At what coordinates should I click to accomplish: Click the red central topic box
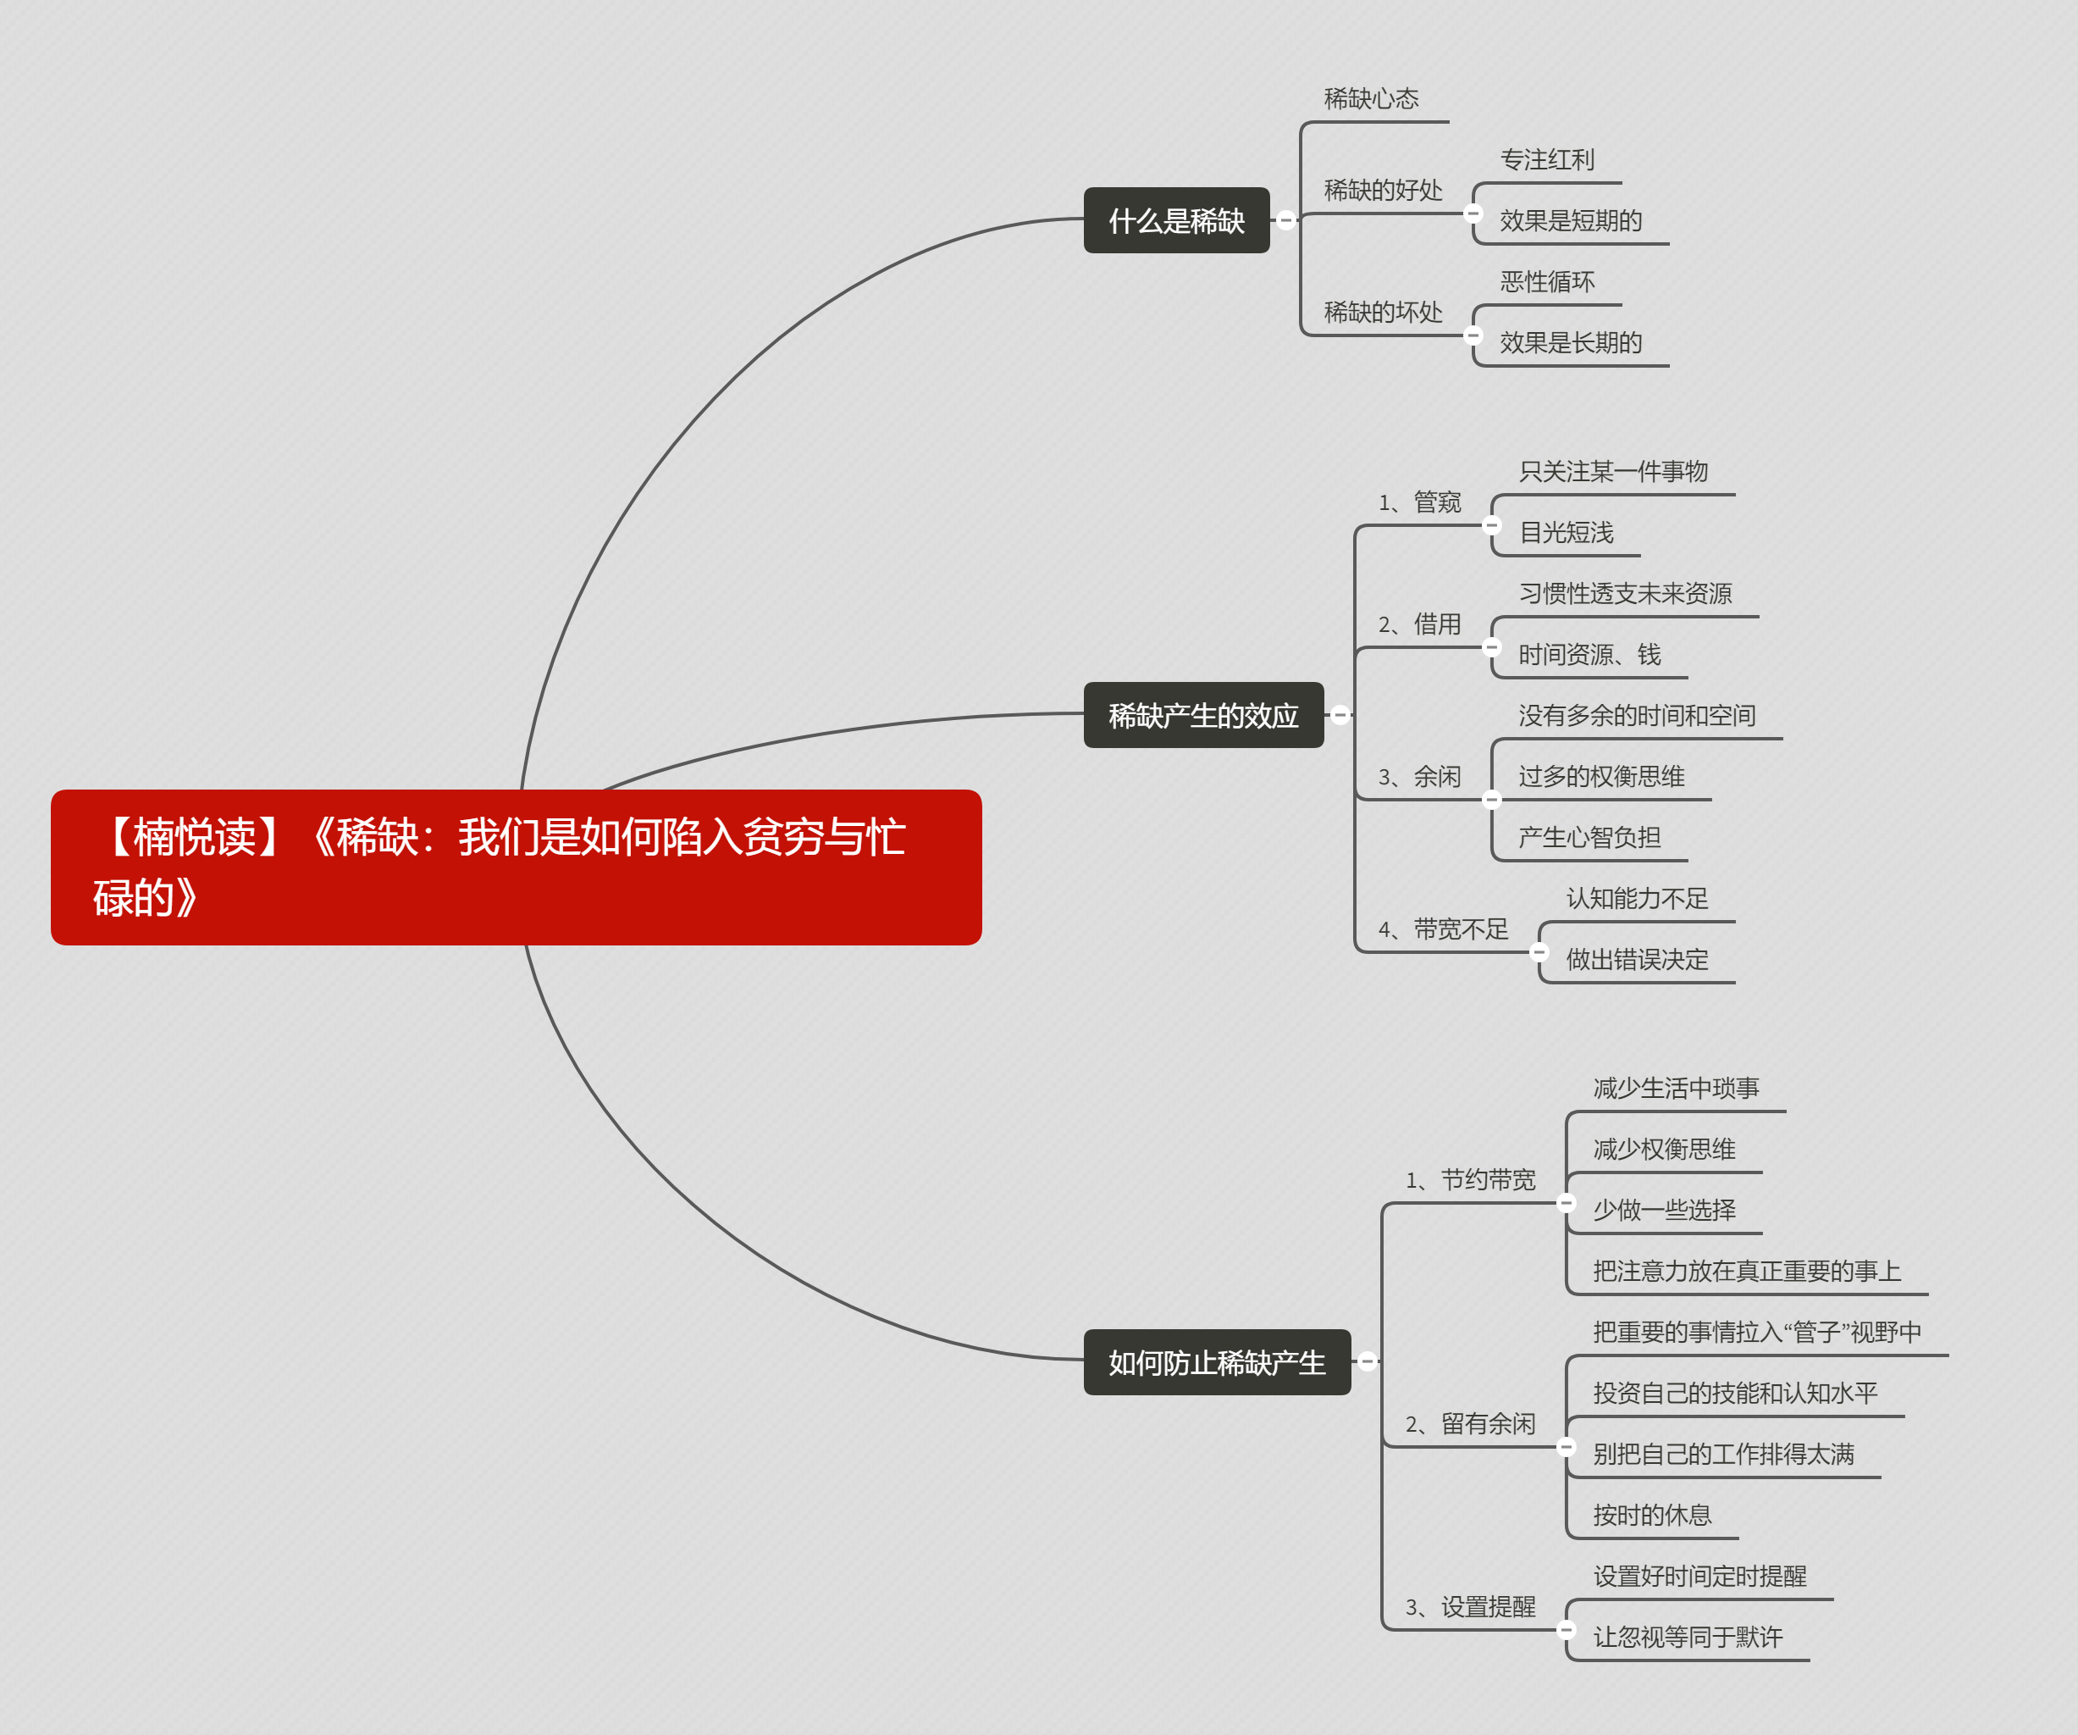(x=516, y=867)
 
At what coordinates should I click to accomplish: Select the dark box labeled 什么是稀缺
(x=1176, y=219)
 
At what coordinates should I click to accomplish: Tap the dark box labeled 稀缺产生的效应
(x=1203, y=715)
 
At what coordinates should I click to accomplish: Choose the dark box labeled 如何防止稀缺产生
(x=1217, y=1362)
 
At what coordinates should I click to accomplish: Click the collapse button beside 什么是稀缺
(x=1285, y=219)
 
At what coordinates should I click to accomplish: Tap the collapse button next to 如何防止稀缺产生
(x=1368, y=1362)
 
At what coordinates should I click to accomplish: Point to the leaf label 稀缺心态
(x=1372, y=99)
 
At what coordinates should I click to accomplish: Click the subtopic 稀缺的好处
(x=1384, y=190)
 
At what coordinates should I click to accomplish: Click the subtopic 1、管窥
(x=1420, y=502)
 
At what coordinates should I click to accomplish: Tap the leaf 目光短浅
(x=1567, y=533)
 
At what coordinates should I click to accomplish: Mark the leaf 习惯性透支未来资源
(x=1626, y=594)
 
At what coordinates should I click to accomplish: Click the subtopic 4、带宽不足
(x=1444, y=929)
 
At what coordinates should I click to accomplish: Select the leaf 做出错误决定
(x=1638, y=959)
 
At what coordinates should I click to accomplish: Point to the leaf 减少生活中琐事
(x=1677, y=1089)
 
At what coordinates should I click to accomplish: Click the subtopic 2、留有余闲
(x=1470, y=1424)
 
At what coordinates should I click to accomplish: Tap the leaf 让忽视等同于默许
(x=1688, y=1637)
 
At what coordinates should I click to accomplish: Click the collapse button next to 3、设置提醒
(x=1567, y=1629)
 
